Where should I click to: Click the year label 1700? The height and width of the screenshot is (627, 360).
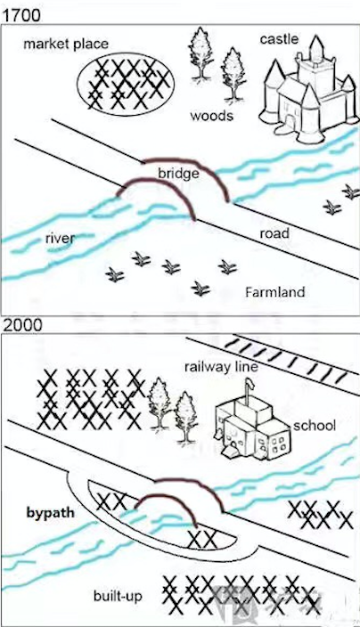22,15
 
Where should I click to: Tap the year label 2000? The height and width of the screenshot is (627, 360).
23,325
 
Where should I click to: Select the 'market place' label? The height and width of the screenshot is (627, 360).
66,44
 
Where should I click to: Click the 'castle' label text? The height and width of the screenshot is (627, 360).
279,39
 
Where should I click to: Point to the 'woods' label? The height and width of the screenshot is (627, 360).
211,116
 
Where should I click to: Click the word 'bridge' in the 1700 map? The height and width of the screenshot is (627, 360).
178,174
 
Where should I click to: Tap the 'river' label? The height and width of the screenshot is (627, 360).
60,239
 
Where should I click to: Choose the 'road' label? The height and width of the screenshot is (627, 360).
274,233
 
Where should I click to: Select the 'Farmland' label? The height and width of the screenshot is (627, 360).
275,292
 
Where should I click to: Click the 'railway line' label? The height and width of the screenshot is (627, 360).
221,367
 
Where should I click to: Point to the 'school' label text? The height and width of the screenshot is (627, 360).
315,426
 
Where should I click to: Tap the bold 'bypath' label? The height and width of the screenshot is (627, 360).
51,513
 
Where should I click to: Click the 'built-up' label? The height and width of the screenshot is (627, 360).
118,596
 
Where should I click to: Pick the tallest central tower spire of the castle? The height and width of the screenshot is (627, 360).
317,47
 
